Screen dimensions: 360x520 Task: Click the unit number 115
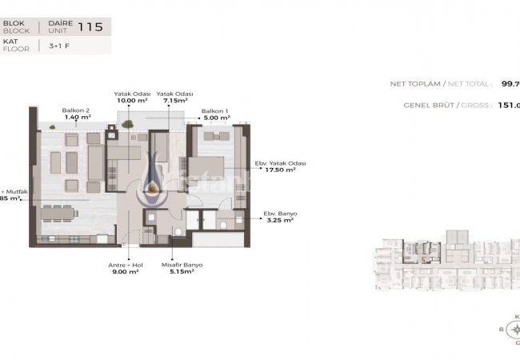coord(92,26)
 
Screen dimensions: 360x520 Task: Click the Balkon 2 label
coord(76,110)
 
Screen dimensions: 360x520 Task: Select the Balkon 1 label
coord(215,110)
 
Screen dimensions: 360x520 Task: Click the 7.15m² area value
coord(172,101)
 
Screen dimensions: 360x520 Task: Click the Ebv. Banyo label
coord(279,213)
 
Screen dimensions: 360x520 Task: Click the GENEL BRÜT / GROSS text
coord(445,105)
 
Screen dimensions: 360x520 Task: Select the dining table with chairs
coord(60,212)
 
